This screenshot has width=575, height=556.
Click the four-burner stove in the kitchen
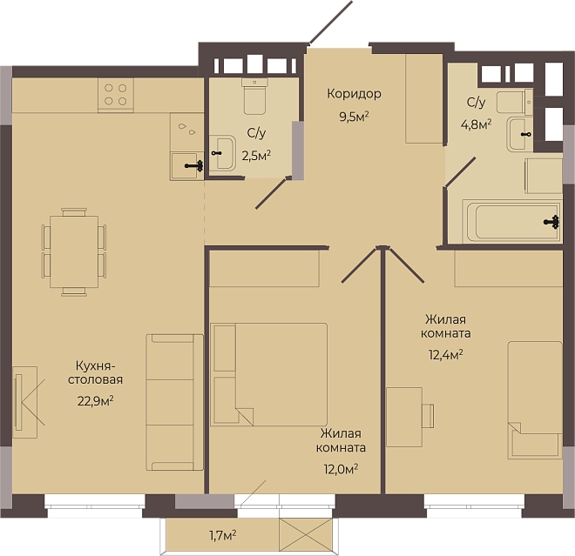[116, 95]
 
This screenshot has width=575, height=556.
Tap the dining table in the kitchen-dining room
[74, 251]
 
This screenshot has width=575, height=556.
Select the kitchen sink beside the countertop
[186, 166]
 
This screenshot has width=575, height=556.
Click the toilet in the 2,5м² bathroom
[255, 96]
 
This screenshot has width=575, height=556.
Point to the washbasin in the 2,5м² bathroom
[222, 153]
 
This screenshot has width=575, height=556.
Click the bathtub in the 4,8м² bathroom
[511, 221]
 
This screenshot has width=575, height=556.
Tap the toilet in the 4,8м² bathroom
[515, 102]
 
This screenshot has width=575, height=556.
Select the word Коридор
[354, 94]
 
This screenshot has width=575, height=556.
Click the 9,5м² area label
[354, 117]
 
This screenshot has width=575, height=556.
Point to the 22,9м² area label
[95, 401]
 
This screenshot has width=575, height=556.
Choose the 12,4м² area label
[445, 354]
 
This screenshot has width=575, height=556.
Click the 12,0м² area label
[341, 469]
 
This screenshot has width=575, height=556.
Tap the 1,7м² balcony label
[222, 536]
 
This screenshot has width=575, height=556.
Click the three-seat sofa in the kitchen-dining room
[174, 402]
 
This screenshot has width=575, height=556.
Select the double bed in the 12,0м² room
[268, 374]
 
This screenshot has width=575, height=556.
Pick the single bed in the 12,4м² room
[535, 400]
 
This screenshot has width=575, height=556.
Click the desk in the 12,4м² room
[404, 417]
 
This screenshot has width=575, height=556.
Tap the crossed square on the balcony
[306, 534]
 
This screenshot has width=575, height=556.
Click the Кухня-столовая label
[95, 372]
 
